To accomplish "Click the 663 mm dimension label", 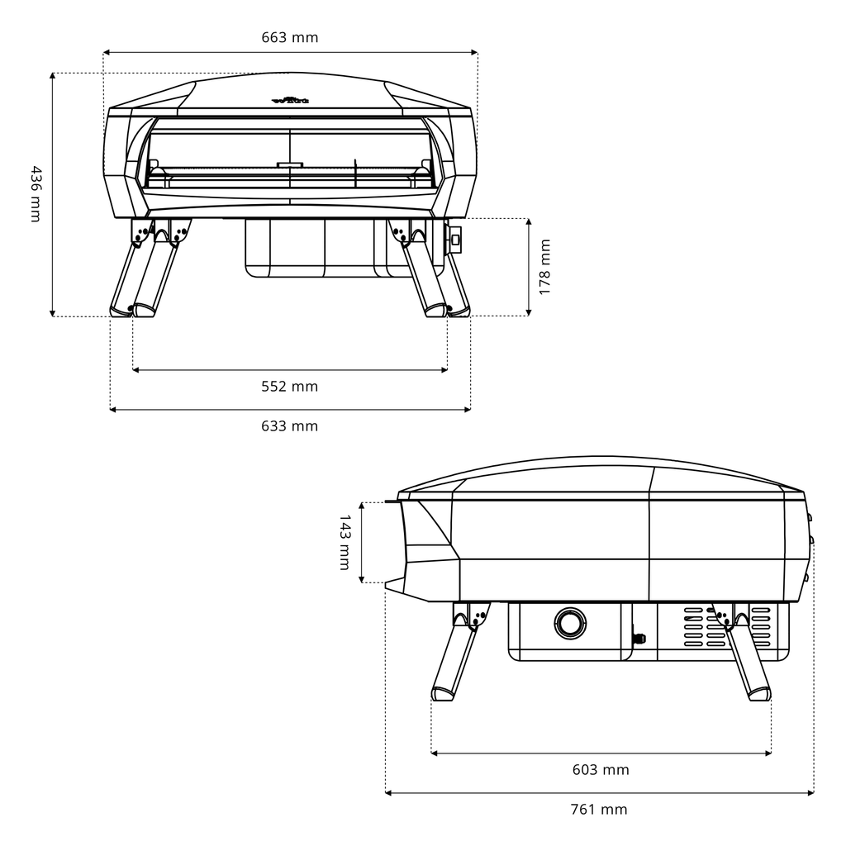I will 289,37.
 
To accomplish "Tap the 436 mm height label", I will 35,193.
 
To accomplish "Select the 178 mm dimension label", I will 544,267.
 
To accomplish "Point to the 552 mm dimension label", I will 289,386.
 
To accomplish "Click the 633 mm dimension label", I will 289,426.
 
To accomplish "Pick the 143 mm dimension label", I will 345,542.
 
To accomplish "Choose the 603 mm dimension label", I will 601,769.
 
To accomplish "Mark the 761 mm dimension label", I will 599,810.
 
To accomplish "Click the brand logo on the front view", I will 290,102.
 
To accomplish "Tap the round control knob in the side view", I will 569,622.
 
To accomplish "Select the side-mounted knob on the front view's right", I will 454,240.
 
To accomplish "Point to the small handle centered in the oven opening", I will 290,164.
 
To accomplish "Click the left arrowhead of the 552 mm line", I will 135,370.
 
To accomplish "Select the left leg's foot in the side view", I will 443,694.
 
